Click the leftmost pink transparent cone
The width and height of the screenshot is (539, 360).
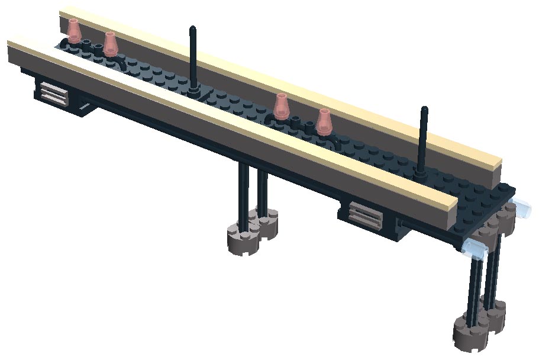[74, 30]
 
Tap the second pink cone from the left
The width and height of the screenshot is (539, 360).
[111, 44]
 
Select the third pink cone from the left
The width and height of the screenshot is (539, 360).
[282, 105]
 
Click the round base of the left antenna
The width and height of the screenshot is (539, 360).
[195, 92]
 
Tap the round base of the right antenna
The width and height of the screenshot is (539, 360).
[420, 173]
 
